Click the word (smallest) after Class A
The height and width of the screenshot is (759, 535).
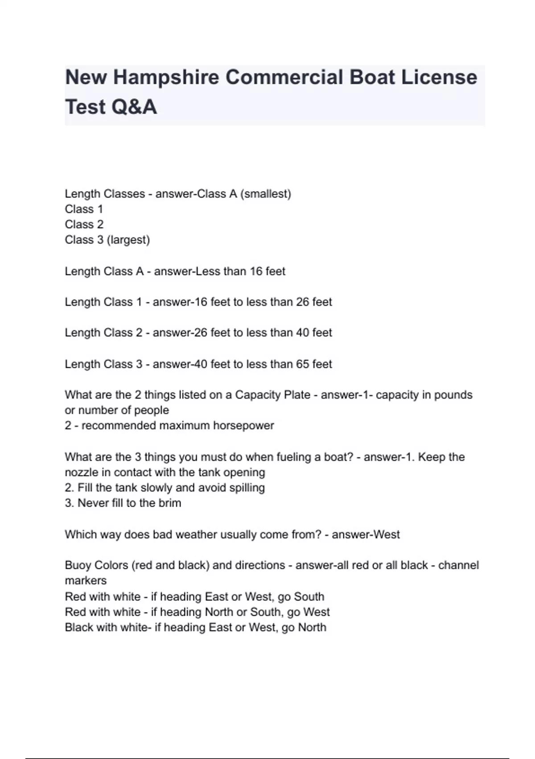pos(266,194)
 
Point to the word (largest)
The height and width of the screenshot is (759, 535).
pos(128,240)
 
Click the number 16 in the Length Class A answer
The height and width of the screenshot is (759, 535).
pos(256,271)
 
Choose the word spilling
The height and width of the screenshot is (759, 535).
pos(247,488)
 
